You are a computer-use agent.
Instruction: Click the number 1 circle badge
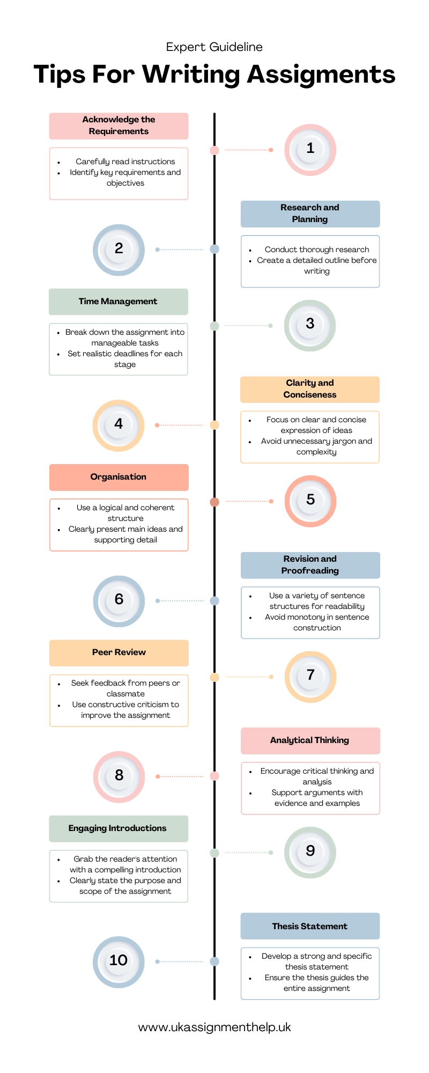[310, 150]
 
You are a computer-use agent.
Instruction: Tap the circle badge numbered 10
[119, 961]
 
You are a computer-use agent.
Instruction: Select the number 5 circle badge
[310, 501]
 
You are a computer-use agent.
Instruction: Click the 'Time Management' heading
[118, 302]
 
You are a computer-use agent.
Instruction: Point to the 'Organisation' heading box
[119, 477]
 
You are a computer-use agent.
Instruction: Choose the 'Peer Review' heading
[119, 652]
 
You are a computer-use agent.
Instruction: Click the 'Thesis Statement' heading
[309, 926]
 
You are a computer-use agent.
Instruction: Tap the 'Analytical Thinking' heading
[309, 740]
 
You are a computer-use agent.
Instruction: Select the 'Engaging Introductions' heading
[117, 828]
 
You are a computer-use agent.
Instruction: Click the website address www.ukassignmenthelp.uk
[214, 1027]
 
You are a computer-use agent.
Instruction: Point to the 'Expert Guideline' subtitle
[214, 47]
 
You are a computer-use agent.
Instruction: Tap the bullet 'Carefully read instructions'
[125, 161]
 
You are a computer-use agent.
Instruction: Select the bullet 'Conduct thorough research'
[316, 249]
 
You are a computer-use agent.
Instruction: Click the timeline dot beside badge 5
[214, 502]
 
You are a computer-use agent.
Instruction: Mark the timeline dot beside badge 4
[214, 425]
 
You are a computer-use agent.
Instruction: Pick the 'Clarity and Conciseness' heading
[309, 389]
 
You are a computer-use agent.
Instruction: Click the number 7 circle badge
[310, 677]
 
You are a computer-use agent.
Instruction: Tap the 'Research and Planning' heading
[309, 214]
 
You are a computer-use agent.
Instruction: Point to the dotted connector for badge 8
[181, 776]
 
